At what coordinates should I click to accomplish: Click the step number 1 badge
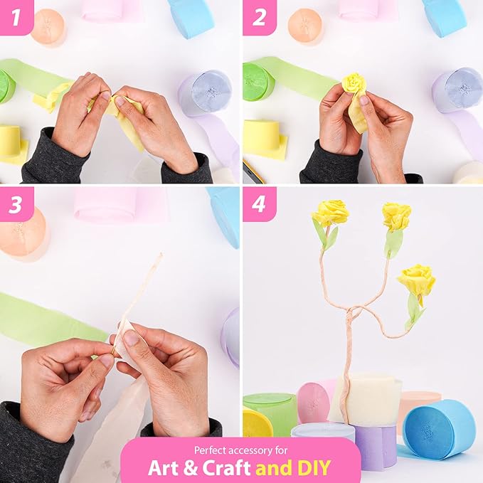[16, 17]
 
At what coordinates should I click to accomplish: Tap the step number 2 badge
[259, 17]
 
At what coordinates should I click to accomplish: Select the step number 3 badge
[16, 204]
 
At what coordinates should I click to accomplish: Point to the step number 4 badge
[259, 204]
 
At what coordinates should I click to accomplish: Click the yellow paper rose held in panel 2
[354, 83]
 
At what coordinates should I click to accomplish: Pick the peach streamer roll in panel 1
[48, 27]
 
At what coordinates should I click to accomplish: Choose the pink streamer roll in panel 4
[314, 402]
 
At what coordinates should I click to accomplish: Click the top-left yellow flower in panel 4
[331, 213]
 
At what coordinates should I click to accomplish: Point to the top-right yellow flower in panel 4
[397, 216]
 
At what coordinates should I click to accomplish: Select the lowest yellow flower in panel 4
[416, 278]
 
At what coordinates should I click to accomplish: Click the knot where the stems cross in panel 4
[352, 314]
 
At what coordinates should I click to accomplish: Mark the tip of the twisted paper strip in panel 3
[161, 253]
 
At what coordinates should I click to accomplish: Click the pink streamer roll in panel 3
[121, 205]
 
